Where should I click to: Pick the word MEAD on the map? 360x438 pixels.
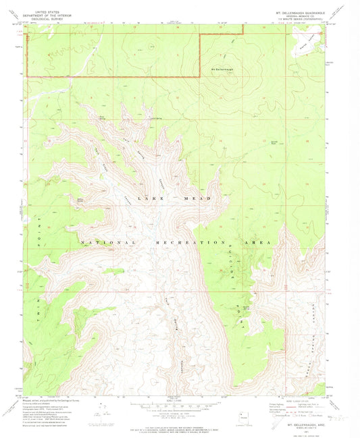point(200,198)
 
